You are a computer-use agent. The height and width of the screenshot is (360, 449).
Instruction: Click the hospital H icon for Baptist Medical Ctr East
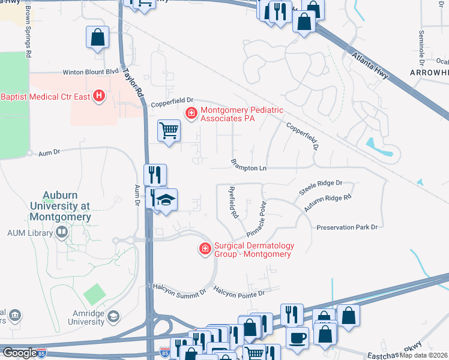[x=99, y=95]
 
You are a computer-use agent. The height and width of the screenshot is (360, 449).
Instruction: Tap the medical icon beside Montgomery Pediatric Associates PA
[x=191, y=112]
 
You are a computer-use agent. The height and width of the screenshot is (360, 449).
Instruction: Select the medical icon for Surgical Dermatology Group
[x=205, y=248]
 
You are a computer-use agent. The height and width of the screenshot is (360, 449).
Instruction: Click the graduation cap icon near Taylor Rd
[x=167, y=200]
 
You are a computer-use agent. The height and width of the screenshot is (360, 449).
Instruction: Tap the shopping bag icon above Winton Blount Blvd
[x=97, y=37]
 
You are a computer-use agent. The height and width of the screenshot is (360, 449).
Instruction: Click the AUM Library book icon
[x=61, y=232]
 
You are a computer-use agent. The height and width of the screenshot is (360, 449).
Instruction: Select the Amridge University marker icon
[x=114, y=316]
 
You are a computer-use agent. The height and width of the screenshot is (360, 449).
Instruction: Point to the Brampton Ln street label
[x=249, y=166]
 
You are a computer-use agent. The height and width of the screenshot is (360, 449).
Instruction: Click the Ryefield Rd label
[x=233, y=202]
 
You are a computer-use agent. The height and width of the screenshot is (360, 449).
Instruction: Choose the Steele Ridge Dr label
[x=321, y=187]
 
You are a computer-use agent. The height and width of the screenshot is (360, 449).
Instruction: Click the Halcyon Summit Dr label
[x=179, y=290]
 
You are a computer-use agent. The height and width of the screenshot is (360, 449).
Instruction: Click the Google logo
[x=19, y=352]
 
